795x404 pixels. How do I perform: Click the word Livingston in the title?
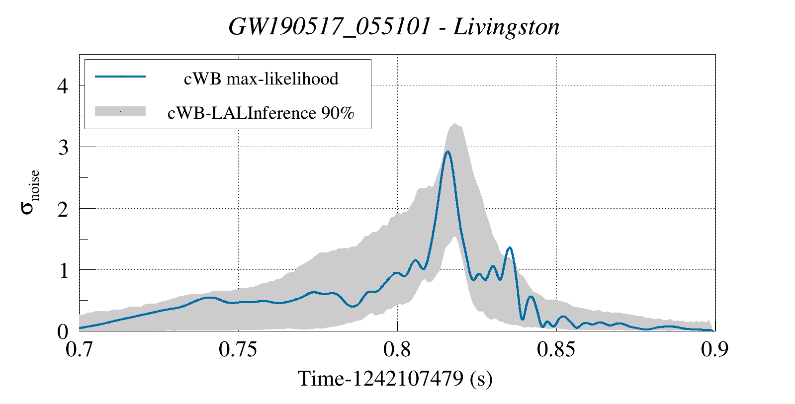tap(506, 27)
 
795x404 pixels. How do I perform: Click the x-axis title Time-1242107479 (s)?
tap(395, 379)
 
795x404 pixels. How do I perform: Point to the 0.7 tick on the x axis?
tap(80, 349)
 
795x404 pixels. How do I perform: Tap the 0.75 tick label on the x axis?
tap(238, 349)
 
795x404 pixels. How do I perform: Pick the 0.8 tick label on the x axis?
tap(397, 349)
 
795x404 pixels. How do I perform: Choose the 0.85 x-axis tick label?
tap(556, 349)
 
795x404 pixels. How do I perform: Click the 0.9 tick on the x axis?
tap(714, 349)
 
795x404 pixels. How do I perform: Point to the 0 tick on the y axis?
tap(63, 331)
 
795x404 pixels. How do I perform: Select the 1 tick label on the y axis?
tap(63, 270)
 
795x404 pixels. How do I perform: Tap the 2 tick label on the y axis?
tap(63, 209)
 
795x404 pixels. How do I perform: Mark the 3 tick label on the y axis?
tap(63, 148)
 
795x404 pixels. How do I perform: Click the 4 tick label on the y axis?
tap(63, 86)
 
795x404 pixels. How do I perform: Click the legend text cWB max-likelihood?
tap(261, 79)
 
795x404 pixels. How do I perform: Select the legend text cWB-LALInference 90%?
tap(261, 113)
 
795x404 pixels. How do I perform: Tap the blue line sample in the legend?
tap(120, 77)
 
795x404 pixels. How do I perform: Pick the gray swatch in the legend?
tap(120, 111)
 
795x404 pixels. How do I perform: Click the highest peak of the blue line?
tap(447, 152)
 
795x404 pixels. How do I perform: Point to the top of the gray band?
tap(454, 124)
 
